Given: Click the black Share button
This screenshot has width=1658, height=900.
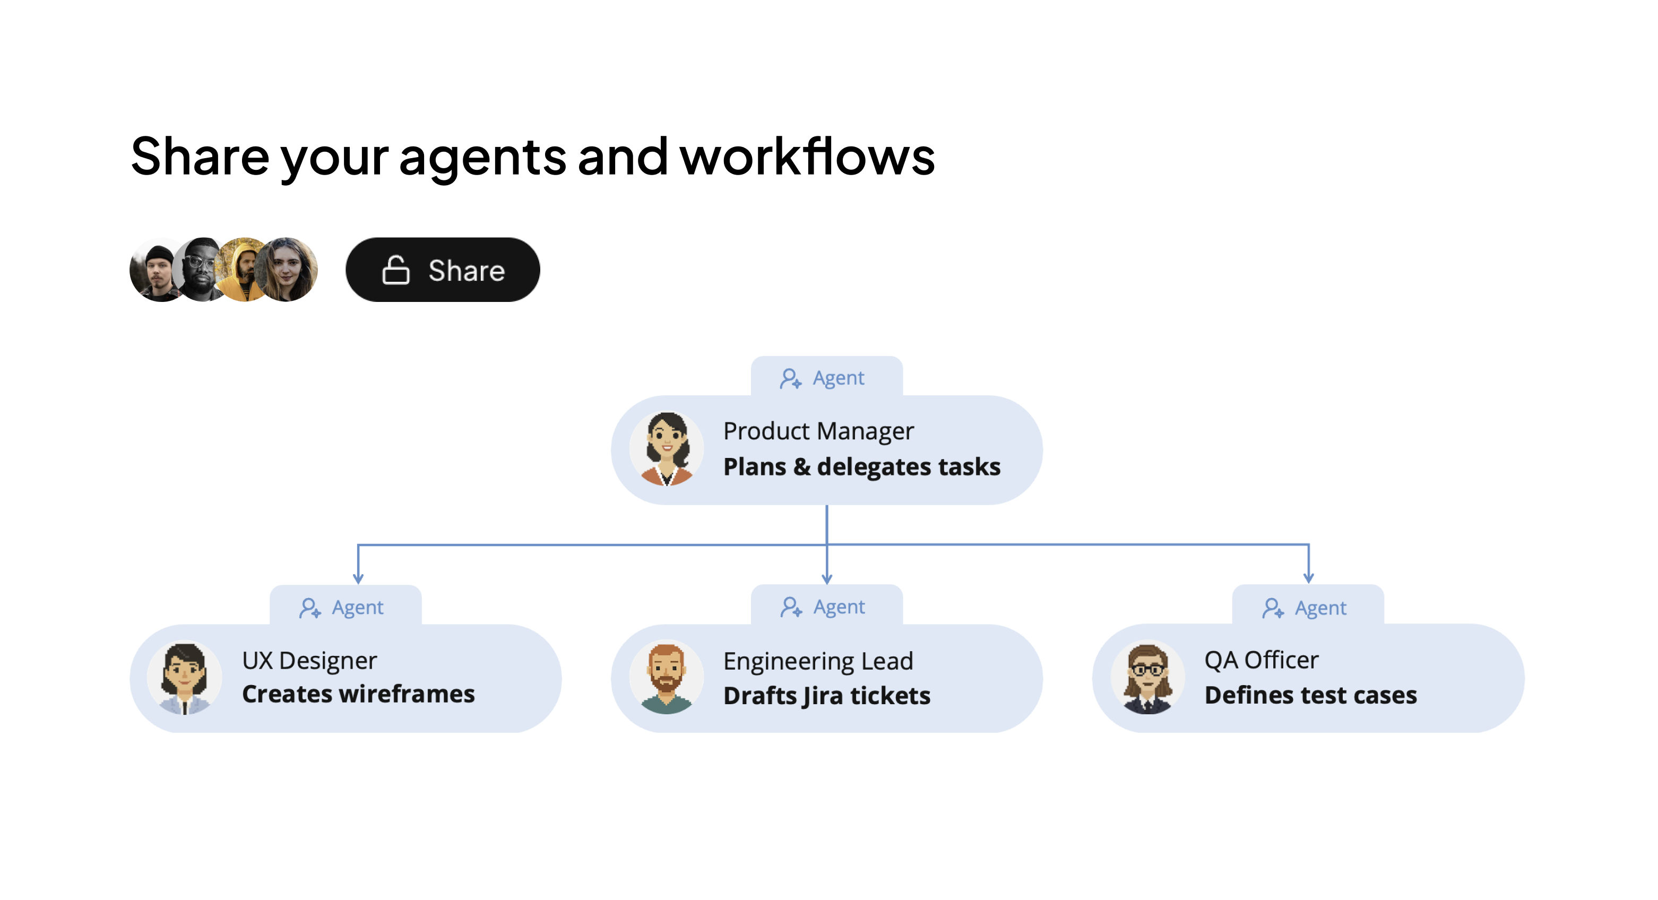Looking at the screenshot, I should coord(443,270).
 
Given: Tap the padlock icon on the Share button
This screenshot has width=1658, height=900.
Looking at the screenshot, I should coord(395,270).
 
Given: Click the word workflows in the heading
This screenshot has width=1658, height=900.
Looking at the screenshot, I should coord(807,157).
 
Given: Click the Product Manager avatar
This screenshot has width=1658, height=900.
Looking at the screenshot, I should coord(666,449).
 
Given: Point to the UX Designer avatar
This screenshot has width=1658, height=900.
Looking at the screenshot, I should coord(185,678).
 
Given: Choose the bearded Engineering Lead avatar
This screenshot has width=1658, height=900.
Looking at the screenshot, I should coord(666,678).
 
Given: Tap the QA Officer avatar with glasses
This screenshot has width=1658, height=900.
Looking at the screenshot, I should coord(1147,678).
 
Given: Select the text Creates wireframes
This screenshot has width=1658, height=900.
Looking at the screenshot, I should coord(358,694).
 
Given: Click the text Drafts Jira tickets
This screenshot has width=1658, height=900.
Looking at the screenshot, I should coord(827,696).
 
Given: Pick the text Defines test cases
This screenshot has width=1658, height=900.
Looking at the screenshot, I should coord(1310,695).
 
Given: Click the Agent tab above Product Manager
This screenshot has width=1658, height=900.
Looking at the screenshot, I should coord(826,377).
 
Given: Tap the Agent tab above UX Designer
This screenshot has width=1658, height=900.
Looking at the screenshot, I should coord(345,607).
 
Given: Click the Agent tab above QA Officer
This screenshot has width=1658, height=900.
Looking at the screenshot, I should coord(1308,607).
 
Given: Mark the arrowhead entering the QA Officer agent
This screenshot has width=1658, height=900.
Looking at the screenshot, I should coord(1308,578).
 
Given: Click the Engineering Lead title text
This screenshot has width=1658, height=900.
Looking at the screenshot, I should coord(818,661).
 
